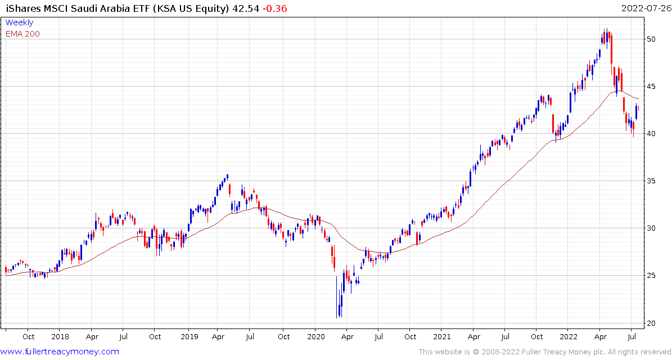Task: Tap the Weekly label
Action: [19, 22]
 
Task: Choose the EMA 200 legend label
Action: [22, 34]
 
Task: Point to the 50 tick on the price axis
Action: [651, 39]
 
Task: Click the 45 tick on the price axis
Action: [651, 86]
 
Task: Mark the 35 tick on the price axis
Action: [651, 181]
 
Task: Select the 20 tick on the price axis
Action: [651, 323]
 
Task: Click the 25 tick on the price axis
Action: [651, 276]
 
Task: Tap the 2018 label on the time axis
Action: [60, 337]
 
